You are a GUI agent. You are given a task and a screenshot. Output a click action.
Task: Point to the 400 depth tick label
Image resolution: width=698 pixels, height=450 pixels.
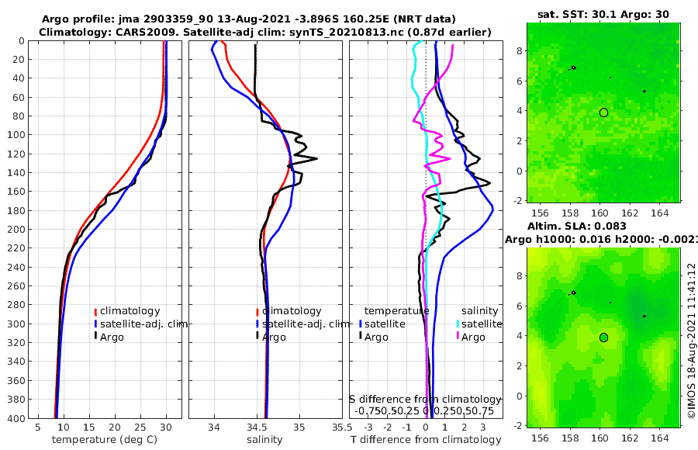[15, 418]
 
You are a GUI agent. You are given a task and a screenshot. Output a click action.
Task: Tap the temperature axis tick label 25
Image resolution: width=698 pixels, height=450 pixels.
[140, 427]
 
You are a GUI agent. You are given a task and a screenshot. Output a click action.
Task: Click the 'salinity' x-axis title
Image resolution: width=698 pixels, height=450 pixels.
[264, 440]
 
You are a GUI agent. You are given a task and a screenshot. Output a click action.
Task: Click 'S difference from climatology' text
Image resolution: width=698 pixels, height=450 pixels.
[425, 399]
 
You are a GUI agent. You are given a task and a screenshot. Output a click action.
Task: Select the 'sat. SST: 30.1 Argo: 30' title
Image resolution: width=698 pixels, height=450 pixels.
[603, 14]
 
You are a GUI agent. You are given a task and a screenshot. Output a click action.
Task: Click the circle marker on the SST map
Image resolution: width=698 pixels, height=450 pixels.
[603, 112]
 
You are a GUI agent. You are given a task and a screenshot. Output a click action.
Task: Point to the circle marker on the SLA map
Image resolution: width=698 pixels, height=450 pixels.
[603, 337]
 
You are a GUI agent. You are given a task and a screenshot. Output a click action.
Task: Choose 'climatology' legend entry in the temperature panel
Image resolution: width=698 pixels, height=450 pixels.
[130, 311]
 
